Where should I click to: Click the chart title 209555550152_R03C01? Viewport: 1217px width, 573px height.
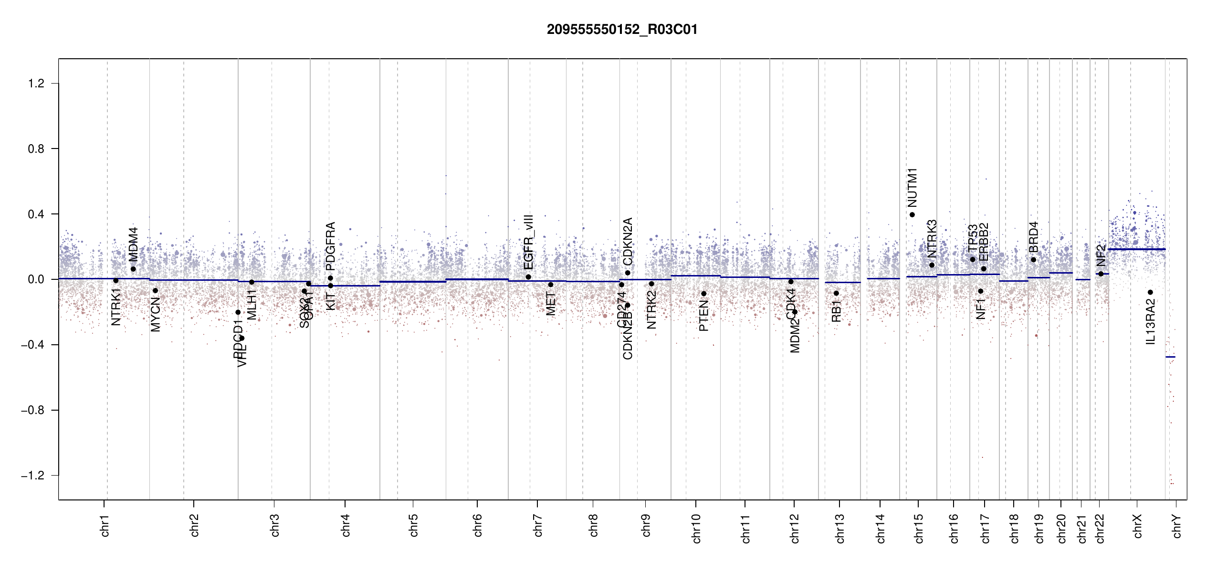coord(622,30)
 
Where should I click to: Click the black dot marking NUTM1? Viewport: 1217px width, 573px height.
coord(912,215)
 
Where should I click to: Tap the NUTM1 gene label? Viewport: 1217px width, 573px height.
coord(912,188)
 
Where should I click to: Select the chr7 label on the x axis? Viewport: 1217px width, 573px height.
coord(538,525)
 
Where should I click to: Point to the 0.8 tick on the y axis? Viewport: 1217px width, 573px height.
coord(36,149)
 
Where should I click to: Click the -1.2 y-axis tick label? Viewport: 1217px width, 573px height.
coord(32,476)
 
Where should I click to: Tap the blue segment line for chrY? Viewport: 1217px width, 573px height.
coord(1170,357)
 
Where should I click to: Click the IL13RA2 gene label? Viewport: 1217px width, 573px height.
coord(1150,321)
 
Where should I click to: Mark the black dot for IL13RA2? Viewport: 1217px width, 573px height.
coord(1150,292)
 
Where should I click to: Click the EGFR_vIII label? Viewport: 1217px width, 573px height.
coord(528,242)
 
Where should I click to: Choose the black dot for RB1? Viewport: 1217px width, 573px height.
coord(836,293)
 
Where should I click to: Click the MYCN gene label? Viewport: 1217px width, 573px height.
coord(155,314)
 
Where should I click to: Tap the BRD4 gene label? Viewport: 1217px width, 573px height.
coord(1033,237)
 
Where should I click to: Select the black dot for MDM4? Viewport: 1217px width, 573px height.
coord(133,269)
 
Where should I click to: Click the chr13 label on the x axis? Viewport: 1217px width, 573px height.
coord(839,528)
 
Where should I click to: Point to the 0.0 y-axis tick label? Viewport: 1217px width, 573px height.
coord(36,280)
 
